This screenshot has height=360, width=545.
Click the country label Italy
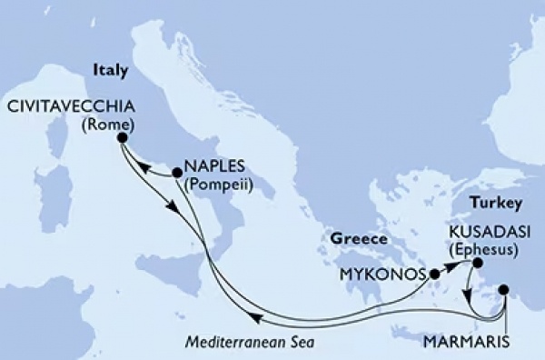click(107, 69)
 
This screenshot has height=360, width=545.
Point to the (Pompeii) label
click(218, 185)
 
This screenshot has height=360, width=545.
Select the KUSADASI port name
click(484, 233)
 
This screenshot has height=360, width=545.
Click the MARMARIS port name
click(460, 342)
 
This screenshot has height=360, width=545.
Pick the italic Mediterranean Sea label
click(258, 342)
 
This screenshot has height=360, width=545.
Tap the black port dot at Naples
click(176, 171)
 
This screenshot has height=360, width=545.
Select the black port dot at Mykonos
click(435, 274)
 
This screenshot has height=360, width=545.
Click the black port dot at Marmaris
click(506, 293)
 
